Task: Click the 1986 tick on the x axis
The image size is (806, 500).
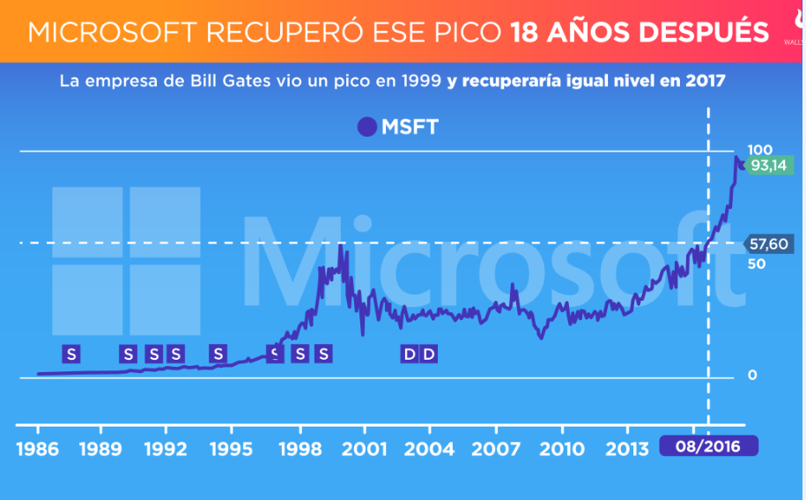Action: click(38, 449)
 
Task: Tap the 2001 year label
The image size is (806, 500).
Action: click(365, 449)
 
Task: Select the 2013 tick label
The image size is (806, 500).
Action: click(626, 449)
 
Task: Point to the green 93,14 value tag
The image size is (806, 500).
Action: click(767, 165)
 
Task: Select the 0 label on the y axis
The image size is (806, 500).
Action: click(751, 375)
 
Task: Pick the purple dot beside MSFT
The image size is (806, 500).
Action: click(366, 127)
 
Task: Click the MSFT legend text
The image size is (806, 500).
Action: click(410, 127)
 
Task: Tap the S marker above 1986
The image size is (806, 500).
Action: click(71, 354)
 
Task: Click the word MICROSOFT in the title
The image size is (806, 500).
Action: click(115, 32)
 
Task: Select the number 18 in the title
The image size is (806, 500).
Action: click(527, 32)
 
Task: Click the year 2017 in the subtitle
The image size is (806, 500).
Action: click(706, 81)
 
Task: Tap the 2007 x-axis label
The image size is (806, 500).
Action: click(496, 449)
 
